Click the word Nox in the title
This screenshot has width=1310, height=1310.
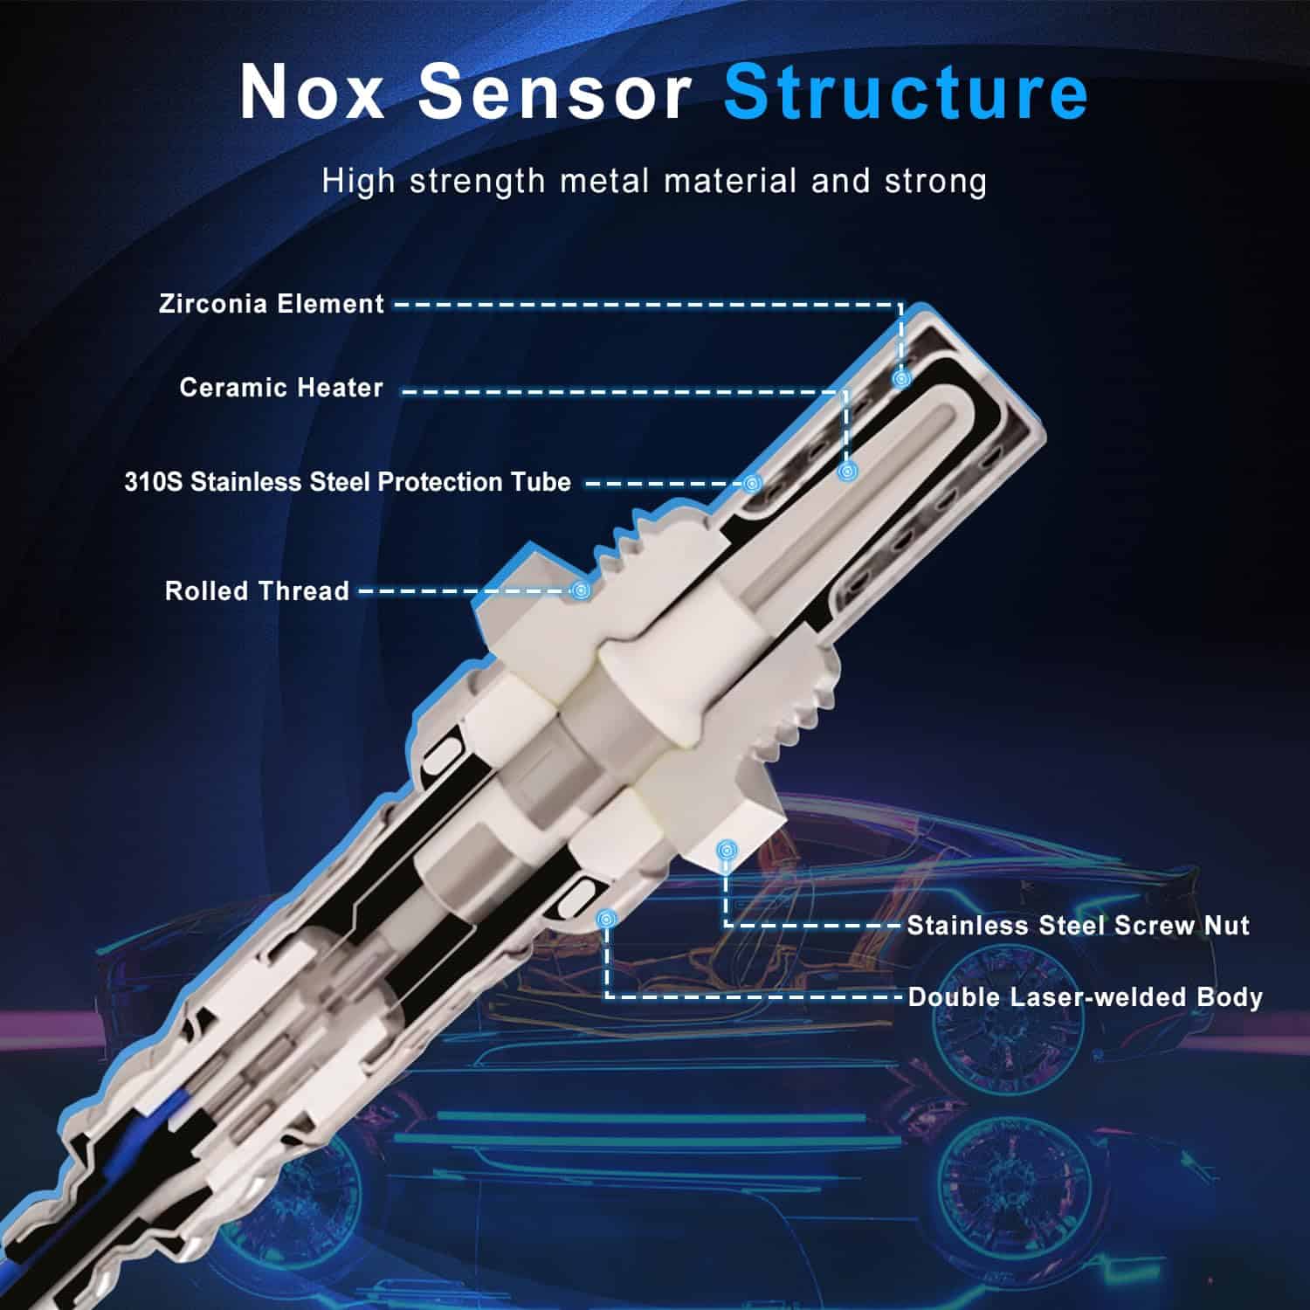[312, 91]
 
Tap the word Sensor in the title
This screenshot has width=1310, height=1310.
[556, 91]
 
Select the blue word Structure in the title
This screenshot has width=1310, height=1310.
[906, 91]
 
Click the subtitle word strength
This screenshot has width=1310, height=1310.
[478, 182]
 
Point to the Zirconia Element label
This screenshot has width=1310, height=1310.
[272, 304]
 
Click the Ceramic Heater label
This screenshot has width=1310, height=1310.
[281, 388]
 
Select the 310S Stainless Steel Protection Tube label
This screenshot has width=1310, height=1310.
[348, 482]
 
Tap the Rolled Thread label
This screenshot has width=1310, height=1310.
[257, 591]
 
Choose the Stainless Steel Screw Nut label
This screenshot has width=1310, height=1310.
[1078, 926]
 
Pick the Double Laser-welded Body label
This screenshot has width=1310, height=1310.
[1086, 997]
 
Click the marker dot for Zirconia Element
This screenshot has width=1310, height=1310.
[901, 379]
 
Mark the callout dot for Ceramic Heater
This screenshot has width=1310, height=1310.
[845, 472]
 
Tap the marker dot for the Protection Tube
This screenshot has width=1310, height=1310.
[753, 483]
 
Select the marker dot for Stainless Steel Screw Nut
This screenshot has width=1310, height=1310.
[725, 849]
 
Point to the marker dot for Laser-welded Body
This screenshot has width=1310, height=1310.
[607, 918]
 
